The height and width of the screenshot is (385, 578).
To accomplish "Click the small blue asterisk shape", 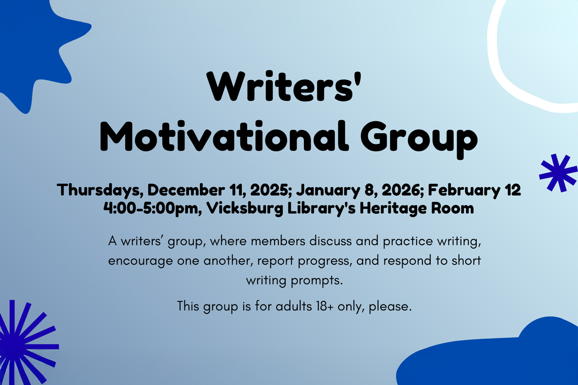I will coord(558,173).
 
